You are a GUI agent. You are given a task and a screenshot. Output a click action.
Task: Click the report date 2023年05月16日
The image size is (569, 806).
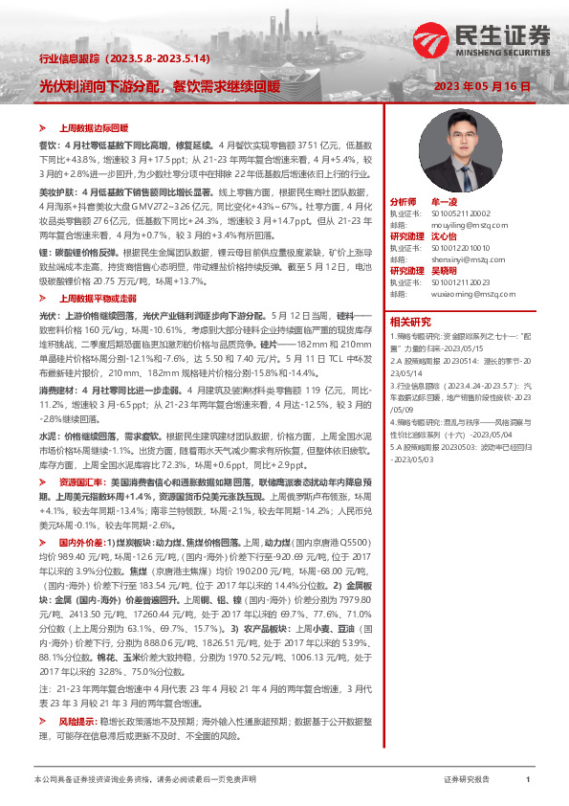pyautogui.click(x=482, y=86)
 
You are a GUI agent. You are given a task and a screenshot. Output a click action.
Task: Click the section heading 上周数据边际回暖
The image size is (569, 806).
pyautogui.click(x=94, y=126)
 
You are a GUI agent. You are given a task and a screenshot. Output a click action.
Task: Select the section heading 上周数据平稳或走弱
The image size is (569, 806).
pyautogui.click(x=97, y=299)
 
